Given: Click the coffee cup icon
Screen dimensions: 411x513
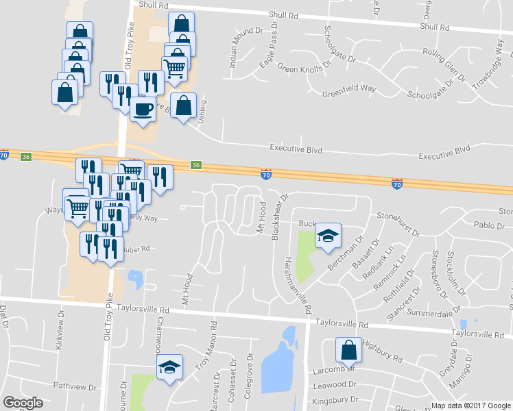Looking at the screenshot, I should (143, 110).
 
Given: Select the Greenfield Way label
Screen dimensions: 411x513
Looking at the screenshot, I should (349, 88).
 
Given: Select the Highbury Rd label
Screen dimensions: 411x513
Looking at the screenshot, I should (383, 351).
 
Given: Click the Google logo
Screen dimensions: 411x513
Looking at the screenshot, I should (23, 403).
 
